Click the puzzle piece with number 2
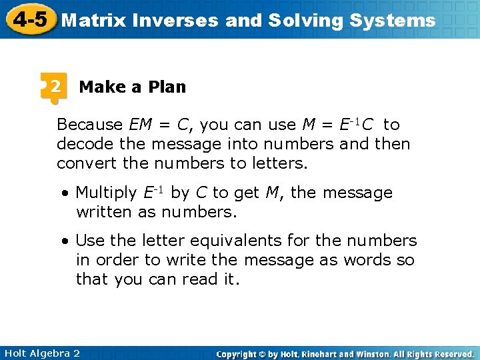(x=54, y=88)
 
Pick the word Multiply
(x=106, y=193)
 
